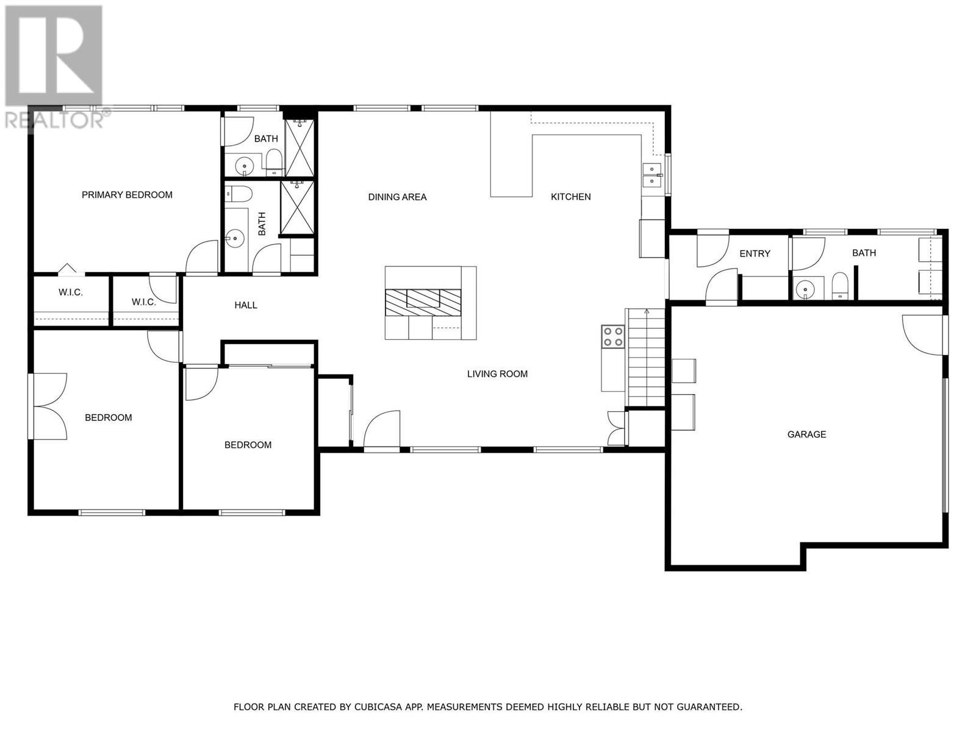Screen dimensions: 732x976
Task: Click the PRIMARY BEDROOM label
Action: pos(127,195)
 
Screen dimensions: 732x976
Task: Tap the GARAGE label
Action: pos(806,434)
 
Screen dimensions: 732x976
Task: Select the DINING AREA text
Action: pos(397,197)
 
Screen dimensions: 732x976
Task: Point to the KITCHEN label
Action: pos(570,196)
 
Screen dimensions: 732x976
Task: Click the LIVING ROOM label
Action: pos(497,374)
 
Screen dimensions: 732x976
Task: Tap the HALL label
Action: pos(246,305)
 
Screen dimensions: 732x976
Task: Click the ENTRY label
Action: pos(755,254)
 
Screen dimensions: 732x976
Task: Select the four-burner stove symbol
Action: pos(613,337)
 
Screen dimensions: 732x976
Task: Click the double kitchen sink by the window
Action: pos(651,175)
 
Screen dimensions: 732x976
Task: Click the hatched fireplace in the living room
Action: pos(423,299)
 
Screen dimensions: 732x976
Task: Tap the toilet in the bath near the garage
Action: pos(841,287)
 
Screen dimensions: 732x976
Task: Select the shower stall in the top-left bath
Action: pos(300,148)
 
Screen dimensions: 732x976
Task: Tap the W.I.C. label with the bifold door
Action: pos(71,293)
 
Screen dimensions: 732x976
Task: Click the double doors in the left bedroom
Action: pos(51,406)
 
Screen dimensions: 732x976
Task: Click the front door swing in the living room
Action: pos(382,429)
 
